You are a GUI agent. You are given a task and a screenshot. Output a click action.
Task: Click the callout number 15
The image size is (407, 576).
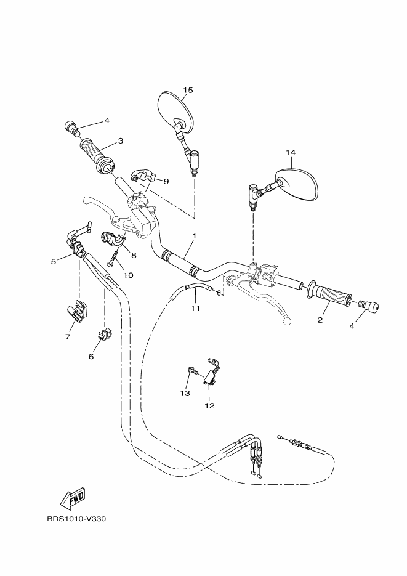[x=188, y=91]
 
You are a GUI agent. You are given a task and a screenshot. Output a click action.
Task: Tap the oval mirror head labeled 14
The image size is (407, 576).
[x=300, y=185]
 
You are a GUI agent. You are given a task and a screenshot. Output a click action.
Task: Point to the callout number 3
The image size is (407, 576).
[x=120, y=140]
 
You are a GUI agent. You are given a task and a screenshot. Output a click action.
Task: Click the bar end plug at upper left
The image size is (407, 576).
[x=72, y=129]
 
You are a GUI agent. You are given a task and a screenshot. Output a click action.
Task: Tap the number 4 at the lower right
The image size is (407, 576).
[x=352, y=326]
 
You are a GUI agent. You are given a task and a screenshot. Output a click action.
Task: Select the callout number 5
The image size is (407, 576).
[x=54, y=261]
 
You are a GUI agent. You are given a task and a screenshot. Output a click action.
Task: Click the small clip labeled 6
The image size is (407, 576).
[x=103, y=336]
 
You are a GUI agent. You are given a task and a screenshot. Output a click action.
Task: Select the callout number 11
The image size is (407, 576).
[x=195, y=308]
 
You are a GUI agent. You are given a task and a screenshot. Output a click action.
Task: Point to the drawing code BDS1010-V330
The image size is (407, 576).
[x=76, y=519]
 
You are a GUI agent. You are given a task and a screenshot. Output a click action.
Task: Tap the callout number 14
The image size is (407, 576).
[x=291, y=152]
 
